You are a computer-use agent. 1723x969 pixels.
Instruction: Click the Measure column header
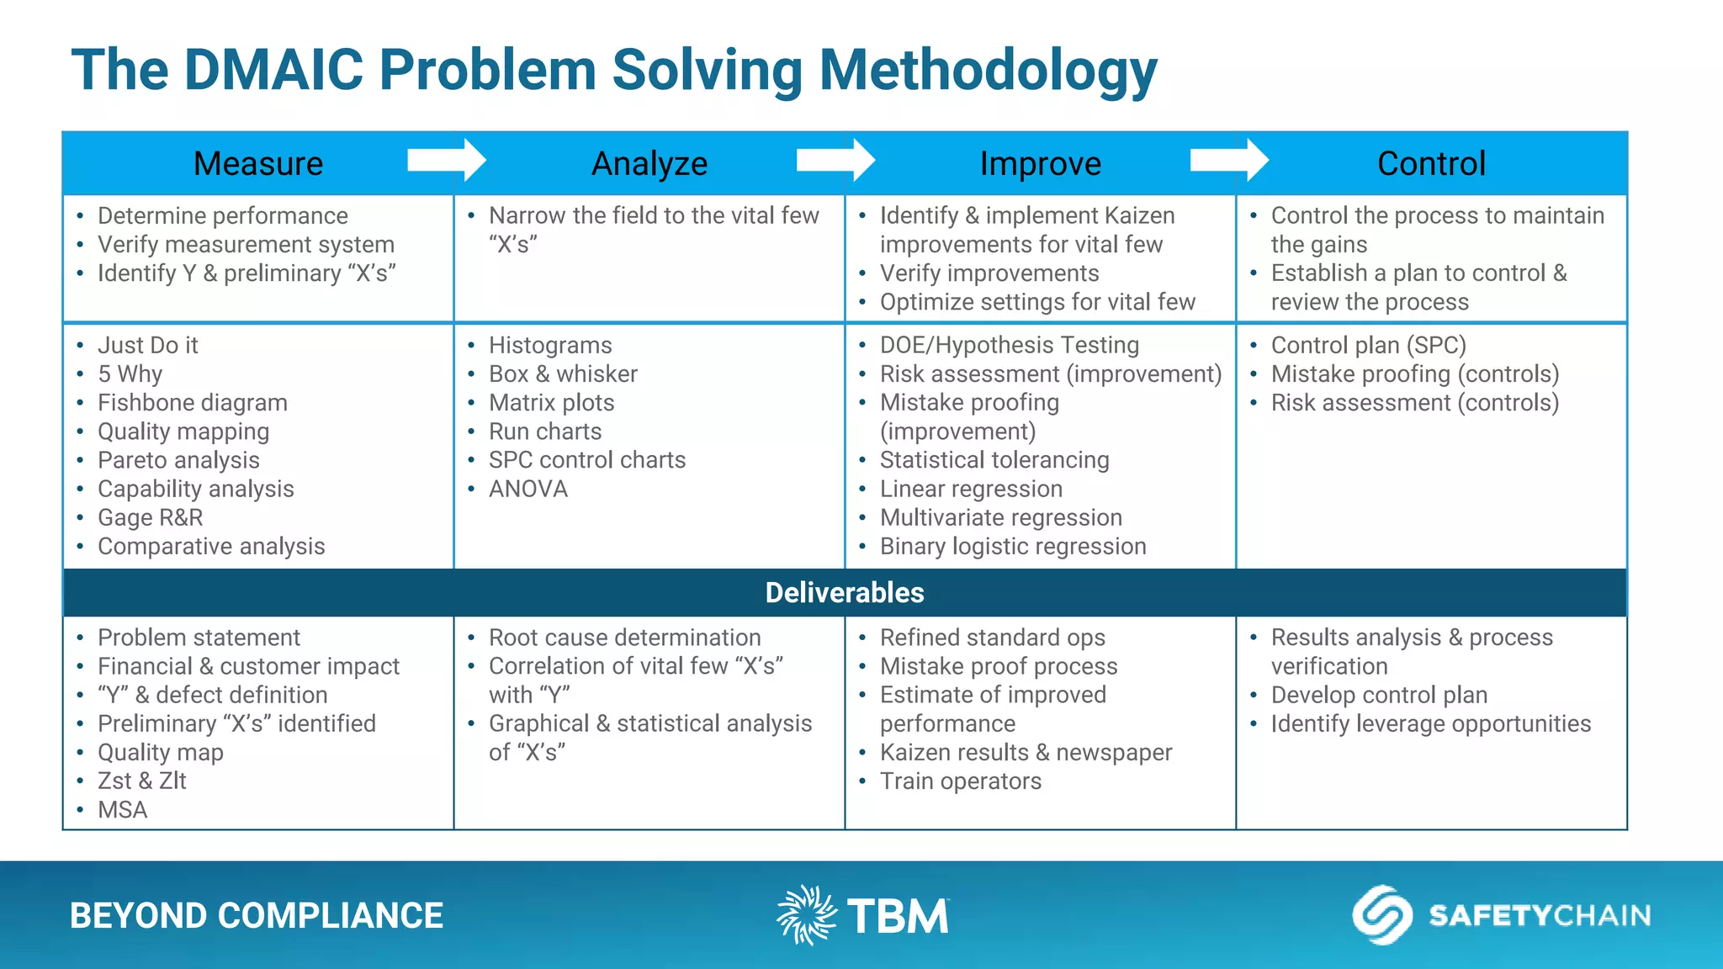point(258,163)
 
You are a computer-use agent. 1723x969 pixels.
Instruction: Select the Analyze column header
point(649,163)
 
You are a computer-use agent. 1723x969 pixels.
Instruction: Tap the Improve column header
point(1040,163)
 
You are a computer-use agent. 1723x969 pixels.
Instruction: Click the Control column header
point(1431,163)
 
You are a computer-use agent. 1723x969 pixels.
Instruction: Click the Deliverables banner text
point(845,592)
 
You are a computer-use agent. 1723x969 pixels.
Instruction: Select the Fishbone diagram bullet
point(192,403)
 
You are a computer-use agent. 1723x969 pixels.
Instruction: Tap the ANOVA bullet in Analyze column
point(528,489)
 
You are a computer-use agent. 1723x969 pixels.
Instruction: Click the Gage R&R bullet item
point(150,517)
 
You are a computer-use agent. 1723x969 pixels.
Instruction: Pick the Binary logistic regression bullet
point(1012,547)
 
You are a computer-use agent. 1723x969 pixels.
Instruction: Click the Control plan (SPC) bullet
point(1368,346)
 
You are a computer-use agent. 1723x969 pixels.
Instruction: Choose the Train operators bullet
point(960,781)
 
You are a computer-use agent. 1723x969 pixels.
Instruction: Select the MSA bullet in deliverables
point(122,810)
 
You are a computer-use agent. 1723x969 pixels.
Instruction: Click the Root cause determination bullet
point(624,638)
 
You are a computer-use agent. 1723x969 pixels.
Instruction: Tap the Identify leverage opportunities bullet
point(1430,724)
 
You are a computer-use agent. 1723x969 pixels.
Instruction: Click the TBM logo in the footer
point(863,915)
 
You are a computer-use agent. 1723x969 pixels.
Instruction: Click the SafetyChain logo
point(1502,915)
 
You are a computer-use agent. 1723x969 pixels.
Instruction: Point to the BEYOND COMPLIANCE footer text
point(257,916)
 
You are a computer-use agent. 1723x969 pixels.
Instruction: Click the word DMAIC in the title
point(273,70)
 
